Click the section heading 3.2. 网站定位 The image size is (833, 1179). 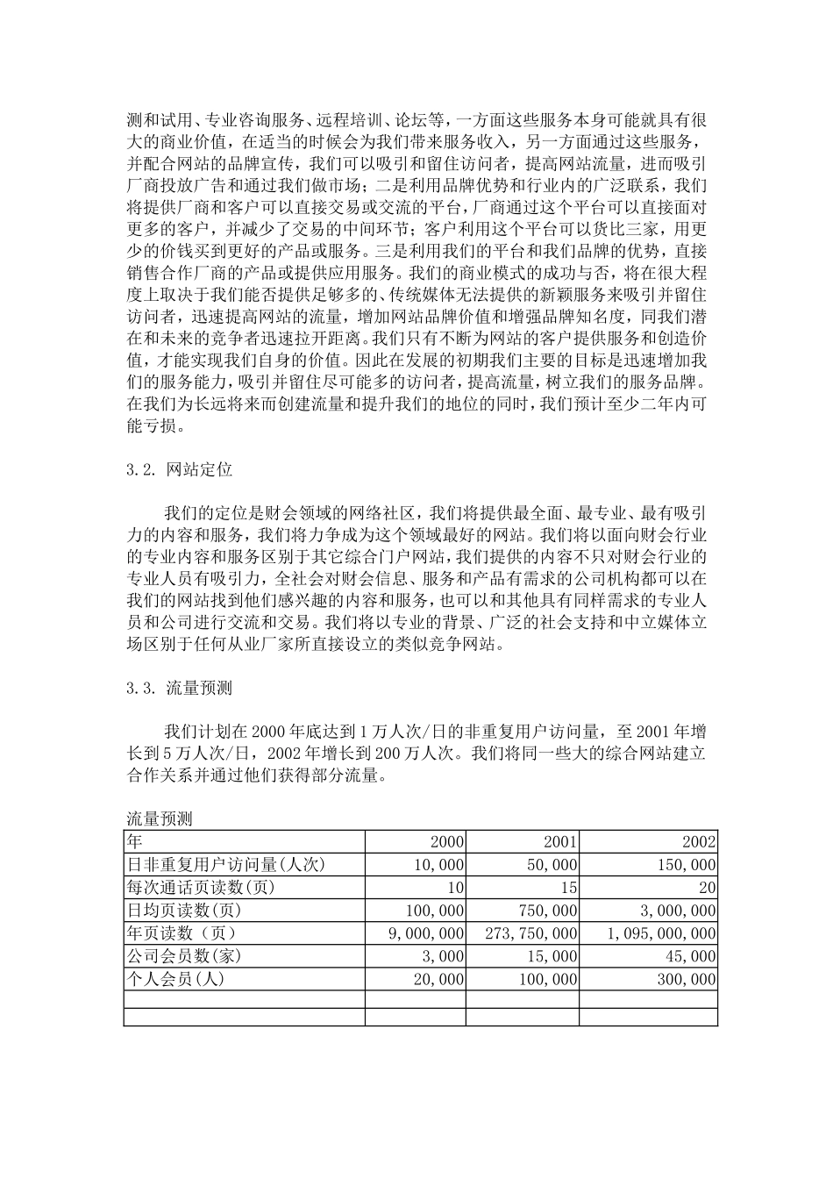point(180,470)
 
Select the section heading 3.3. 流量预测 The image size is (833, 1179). point(180,690)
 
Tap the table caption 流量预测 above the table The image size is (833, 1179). point(160,819)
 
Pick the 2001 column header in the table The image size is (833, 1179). point(560,842)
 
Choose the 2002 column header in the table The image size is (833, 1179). point(699,842)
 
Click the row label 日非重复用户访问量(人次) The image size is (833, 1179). point(226,865)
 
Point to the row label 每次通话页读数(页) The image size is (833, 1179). point(201,888)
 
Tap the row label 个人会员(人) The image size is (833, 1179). point(175,979)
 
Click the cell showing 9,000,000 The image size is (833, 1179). point(426,933)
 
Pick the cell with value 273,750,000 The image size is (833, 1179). point(531,933)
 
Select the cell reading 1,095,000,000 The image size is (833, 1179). point(661,933)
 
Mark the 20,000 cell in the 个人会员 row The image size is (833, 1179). point(438,979)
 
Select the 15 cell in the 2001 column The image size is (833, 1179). point(568,888)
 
